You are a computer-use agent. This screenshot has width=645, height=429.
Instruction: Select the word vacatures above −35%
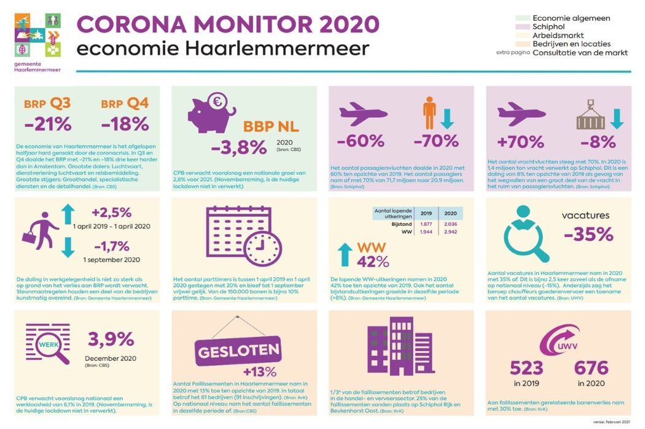click(x=585, y=215)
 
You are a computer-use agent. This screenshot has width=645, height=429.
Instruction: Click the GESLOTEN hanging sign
click(x=239, y=354)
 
